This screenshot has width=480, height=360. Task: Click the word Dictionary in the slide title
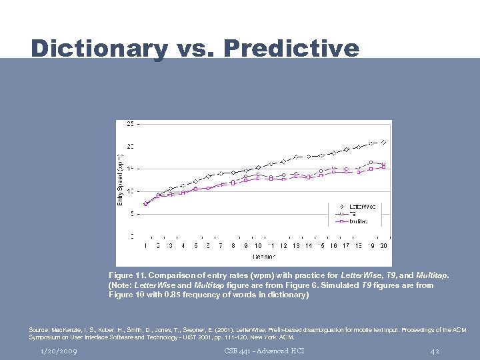point(99,49)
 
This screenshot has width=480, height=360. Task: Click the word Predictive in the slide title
point(291,49)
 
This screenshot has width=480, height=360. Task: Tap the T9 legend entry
point(354,214)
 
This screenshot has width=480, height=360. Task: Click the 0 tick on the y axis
point(131,236)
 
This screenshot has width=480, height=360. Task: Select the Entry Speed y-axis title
point(121,178)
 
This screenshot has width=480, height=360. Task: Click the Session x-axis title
point(264,257)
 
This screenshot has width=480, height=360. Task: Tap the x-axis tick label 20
point(383,246)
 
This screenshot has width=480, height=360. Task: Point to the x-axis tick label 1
point(145,246)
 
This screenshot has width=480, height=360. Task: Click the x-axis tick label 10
point(258,246)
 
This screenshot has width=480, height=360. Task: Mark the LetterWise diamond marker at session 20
point(383,142)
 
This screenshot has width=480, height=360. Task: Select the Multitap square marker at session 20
point(383,167)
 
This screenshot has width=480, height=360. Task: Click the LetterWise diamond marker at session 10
point(258,167)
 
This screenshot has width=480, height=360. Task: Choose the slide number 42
point(435,351)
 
